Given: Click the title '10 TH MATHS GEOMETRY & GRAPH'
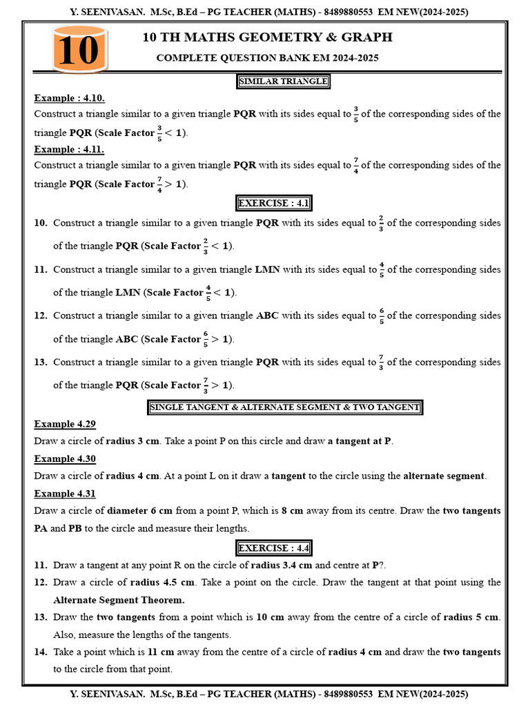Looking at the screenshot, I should pos(267,37).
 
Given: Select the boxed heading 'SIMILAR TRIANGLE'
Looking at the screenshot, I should pos(283,81).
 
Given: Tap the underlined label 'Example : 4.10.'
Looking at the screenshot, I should pos(69,98).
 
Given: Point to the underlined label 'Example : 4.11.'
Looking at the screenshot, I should pos(69,149).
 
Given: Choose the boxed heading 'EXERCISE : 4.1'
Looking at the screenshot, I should pos(274,203).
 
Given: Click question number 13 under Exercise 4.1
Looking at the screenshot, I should pos(41,362).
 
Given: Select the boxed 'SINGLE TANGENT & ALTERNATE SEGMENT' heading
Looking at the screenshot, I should pos(284,407).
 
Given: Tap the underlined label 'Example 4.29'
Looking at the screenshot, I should pos(65,424).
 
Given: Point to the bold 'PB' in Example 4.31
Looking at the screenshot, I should pos(75,528).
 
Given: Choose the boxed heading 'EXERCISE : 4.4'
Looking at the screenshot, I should pos(274,548).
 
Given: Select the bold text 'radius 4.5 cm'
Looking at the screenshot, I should pos(165,582).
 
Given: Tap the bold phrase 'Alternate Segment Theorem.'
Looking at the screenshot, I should pos(119,600).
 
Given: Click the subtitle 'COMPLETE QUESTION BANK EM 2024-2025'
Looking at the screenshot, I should pos(267,58).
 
